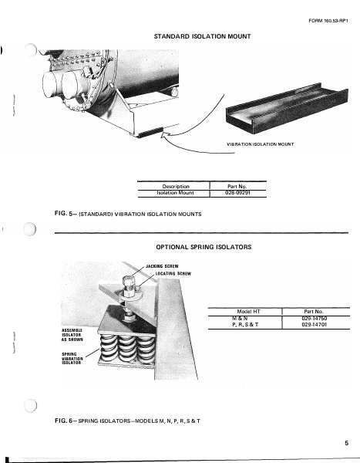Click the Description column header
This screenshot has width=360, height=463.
tap(173, 185)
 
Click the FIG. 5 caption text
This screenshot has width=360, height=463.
tap(127, 214)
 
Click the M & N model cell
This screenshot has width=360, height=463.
tap(246, 318)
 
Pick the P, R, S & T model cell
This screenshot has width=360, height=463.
tap(246, 325)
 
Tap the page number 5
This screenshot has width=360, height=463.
tap(347, 442)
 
